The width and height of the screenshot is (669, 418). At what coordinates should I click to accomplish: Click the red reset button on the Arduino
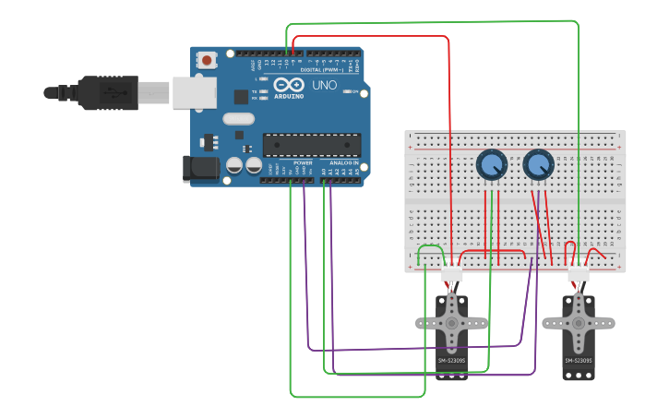tap(207, 61)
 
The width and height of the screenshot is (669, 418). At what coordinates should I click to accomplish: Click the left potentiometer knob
tap(492, 165)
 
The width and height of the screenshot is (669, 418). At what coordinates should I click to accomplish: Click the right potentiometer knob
tap(538, 165)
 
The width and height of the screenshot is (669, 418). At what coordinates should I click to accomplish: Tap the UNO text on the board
tap(324, 85)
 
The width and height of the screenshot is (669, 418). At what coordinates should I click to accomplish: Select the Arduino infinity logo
tap(288, 85)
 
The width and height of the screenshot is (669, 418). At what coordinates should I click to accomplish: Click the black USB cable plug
tap(107, 92)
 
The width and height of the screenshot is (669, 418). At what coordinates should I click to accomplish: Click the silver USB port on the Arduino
tap(194, 93)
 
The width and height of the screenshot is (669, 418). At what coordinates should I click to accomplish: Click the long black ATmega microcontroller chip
tap(312, 145)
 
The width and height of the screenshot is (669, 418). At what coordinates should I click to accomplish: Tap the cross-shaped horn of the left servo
tap(451, 323)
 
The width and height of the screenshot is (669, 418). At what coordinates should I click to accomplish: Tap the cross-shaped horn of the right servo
tap(579, 323)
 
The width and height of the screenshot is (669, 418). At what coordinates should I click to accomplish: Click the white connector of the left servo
tap(451, 274)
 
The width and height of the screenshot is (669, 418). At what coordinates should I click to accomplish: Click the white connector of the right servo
tap(579, 274)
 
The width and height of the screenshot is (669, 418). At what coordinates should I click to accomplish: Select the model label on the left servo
tap(451, 360)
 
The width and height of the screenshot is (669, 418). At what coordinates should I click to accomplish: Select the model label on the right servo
tap(579, 360)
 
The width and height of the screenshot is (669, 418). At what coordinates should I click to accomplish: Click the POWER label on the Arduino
tap(303, 162)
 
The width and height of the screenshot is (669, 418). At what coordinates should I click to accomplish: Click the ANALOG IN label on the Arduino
tap(343, 162)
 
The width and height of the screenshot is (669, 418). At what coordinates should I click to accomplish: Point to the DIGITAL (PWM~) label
tap(321, 70)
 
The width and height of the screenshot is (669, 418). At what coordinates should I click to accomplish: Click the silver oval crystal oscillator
tap(238, 118)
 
